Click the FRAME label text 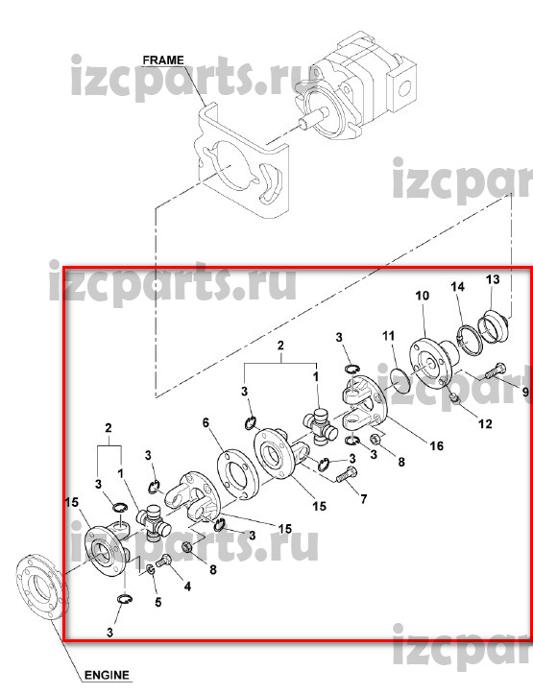[x=163, y=60]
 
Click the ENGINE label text [x=107, y=675]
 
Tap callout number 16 [x=437, y=445]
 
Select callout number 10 [x=423, y=296]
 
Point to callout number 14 [x=458, y=287]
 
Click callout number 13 [x=493, y=279]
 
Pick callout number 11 [x=388, y=336]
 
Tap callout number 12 [x=485, y=423]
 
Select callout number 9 [x=525, y=392]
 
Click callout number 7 [x=363, y=499]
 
